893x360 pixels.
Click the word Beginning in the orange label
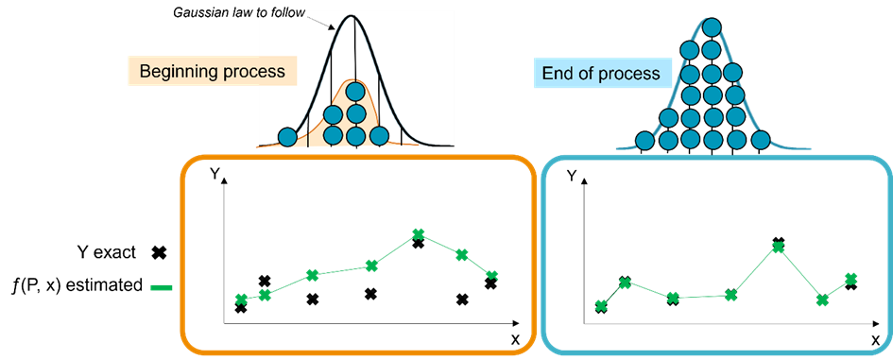coord(176,72)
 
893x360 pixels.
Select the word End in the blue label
coord(557,74)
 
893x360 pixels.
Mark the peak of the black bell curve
coord(354,16)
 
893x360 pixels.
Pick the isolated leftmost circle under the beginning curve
coord(287,137)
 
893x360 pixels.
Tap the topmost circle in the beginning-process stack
coord(355,92)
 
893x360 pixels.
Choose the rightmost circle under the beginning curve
coord(379,137)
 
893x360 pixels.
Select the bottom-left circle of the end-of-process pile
coord(645,141)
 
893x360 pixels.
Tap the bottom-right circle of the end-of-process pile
coord(761,141)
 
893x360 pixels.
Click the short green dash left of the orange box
coord(162,287)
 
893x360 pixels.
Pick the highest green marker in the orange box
coord(418,233)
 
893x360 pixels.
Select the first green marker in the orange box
coord(241,300)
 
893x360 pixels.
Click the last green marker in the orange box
coord(491,275)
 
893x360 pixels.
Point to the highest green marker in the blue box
coord(778,247)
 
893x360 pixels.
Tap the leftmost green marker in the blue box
coord(601,305)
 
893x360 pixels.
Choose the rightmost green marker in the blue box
coord(851,278)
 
